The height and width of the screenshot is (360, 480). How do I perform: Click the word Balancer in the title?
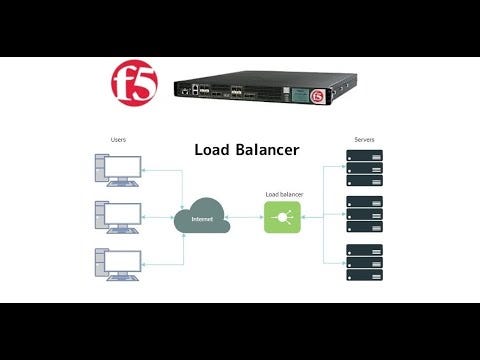point(270,150)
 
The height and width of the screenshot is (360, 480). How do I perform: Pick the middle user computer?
point(117,215)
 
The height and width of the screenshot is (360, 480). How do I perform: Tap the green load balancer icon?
point(282,216)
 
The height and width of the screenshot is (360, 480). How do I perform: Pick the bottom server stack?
point(364,262)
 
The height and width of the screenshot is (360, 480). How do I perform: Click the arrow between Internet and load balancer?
point(246,216)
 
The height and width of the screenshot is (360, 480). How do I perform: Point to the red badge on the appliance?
point(319,97)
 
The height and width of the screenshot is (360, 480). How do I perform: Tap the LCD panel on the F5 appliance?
point(300,93)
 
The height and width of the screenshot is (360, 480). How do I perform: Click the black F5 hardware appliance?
point(250,92)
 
